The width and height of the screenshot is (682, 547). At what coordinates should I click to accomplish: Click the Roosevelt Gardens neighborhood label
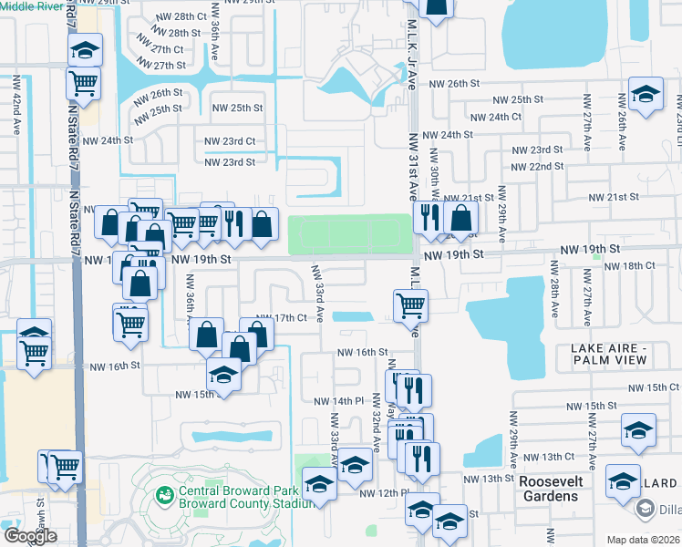(x=551, y=488)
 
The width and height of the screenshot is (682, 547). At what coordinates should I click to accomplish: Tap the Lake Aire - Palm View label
(x=609, y=355)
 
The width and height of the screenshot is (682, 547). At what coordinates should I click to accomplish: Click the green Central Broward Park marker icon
(x=165, y=495)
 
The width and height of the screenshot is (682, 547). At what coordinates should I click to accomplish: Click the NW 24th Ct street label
(x=492, y=117)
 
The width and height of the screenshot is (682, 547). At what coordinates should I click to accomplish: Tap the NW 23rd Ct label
(x=230, y=141)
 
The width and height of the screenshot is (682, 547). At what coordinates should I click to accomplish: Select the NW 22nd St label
(x=537, y=167)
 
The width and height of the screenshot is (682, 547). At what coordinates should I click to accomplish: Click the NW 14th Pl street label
(x=339, y=401)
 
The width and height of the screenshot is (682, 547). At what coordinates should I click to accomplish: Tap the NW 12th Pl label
(x=383, y=493)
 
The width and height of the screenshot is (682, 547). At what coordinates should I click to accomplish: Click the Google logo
(x=29, y=535)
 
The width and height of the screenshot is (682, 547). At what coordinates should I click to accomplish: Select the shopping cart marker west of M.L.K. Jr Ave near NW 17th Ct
(x=409, y=305)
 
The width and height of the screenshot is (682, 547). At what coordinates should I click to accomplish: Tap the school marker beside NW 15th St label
(x=223, y=374)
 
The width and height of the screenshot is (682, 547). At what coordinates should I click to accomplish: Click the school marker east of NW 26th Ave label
(x=646, y=95)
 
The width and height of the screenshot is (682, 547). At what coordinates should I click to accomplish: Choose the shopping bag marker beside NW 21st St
(x=462, y=217)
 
